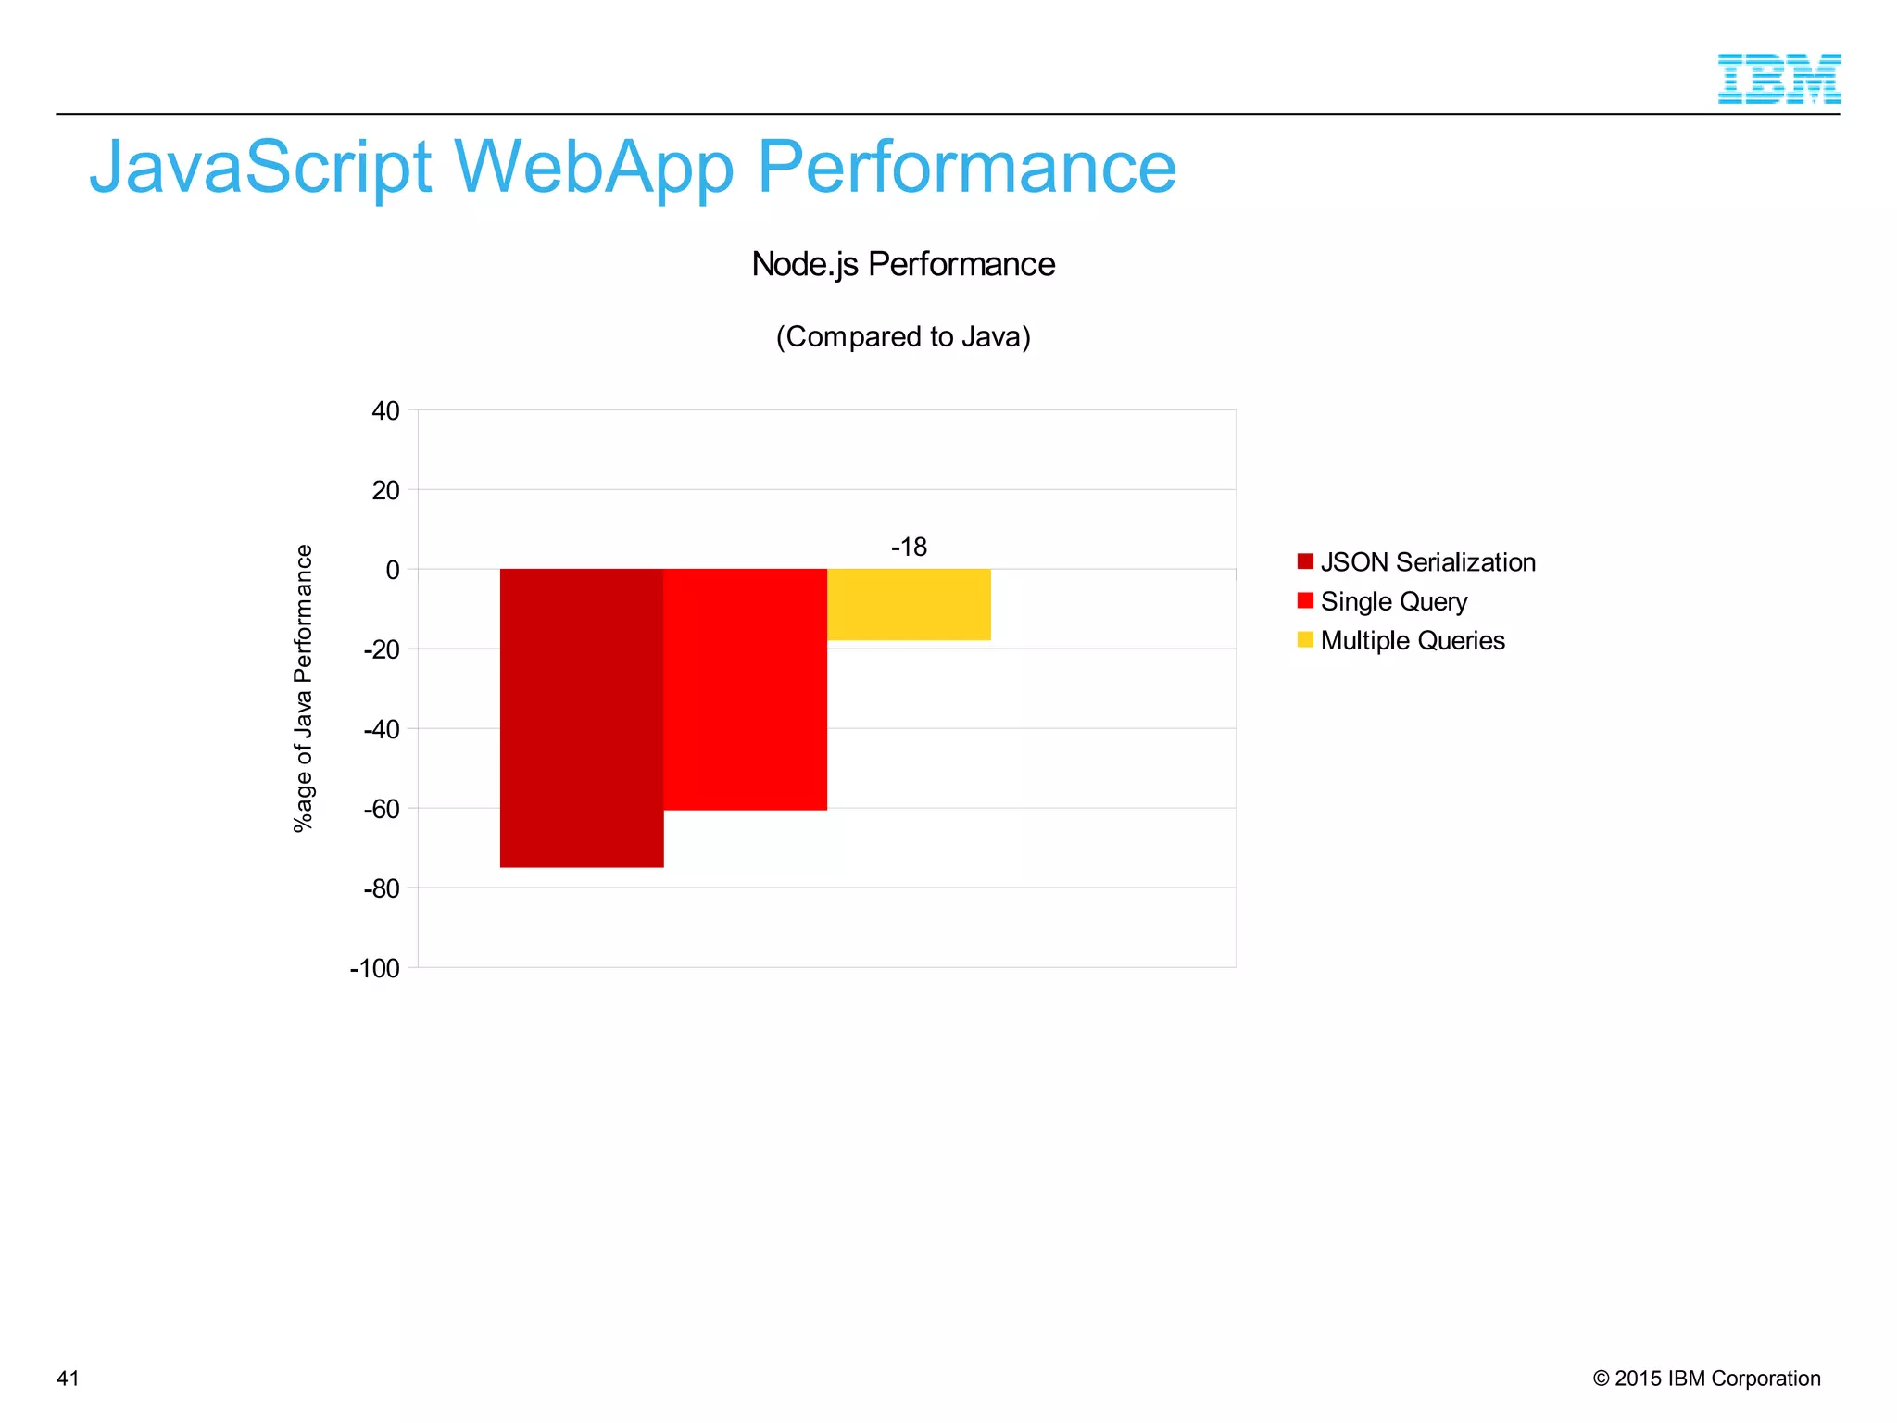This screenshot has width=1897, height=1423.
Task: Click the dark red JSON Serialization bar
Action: pyautogui.click(x=582, y=718)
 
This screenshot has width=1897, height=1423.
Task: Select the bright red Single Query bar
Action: pyautogui.click(x=745, y=689)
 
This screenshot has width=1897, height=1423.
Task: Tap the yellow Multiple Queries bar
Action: pyautogui.click(x=909, y=604)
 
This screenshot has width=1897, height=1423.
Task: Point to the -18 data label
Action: pyautogui.click(x=909, y=548)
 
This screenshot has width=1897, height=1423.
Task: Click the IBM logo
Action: pyautogui.click(x=1778, y=79)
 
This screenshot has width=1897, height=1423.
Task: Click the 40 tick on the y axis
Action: pyautogui.click(x=386, y=411)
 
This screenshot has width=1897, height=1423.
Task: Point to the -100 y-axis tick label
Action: pyautogui.click(x=375, y=969)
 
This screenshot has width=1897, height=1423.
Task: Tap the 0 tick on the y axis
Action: pyautogui.click(x=393, y=571)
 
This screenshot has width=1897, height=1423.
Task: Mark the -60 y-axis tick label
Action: pyautogui.click(x=382, y=810)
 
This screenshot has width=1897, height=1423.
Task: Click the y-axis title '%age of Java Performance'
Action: pyautogui.click(x=304, y=688)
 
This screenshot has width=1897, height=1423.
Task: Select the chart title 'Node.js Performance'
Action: pyautogui.click(x=903, y=265)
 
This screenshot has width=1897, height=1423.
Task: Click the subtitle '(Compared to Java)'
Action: pyautogui.click(x=903, y=336)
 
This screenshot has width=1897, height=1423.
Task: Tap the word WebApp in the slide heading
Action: pyautogui.click(x=594, y=168)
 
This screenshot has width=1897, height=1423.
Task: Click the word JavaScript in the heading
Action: pyautogui.click(x=260, y=168)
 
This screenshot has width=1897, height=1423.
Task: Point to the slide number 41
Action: pyautogui.click(x=69, y=1379)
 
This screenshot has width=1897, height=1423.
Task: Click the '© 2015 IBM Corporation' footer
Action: pyautogui.click(x=1706, y=1379)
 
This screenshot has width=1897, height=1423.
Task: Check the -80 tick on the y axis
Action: pyautogui.click(x=382, y=889)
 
